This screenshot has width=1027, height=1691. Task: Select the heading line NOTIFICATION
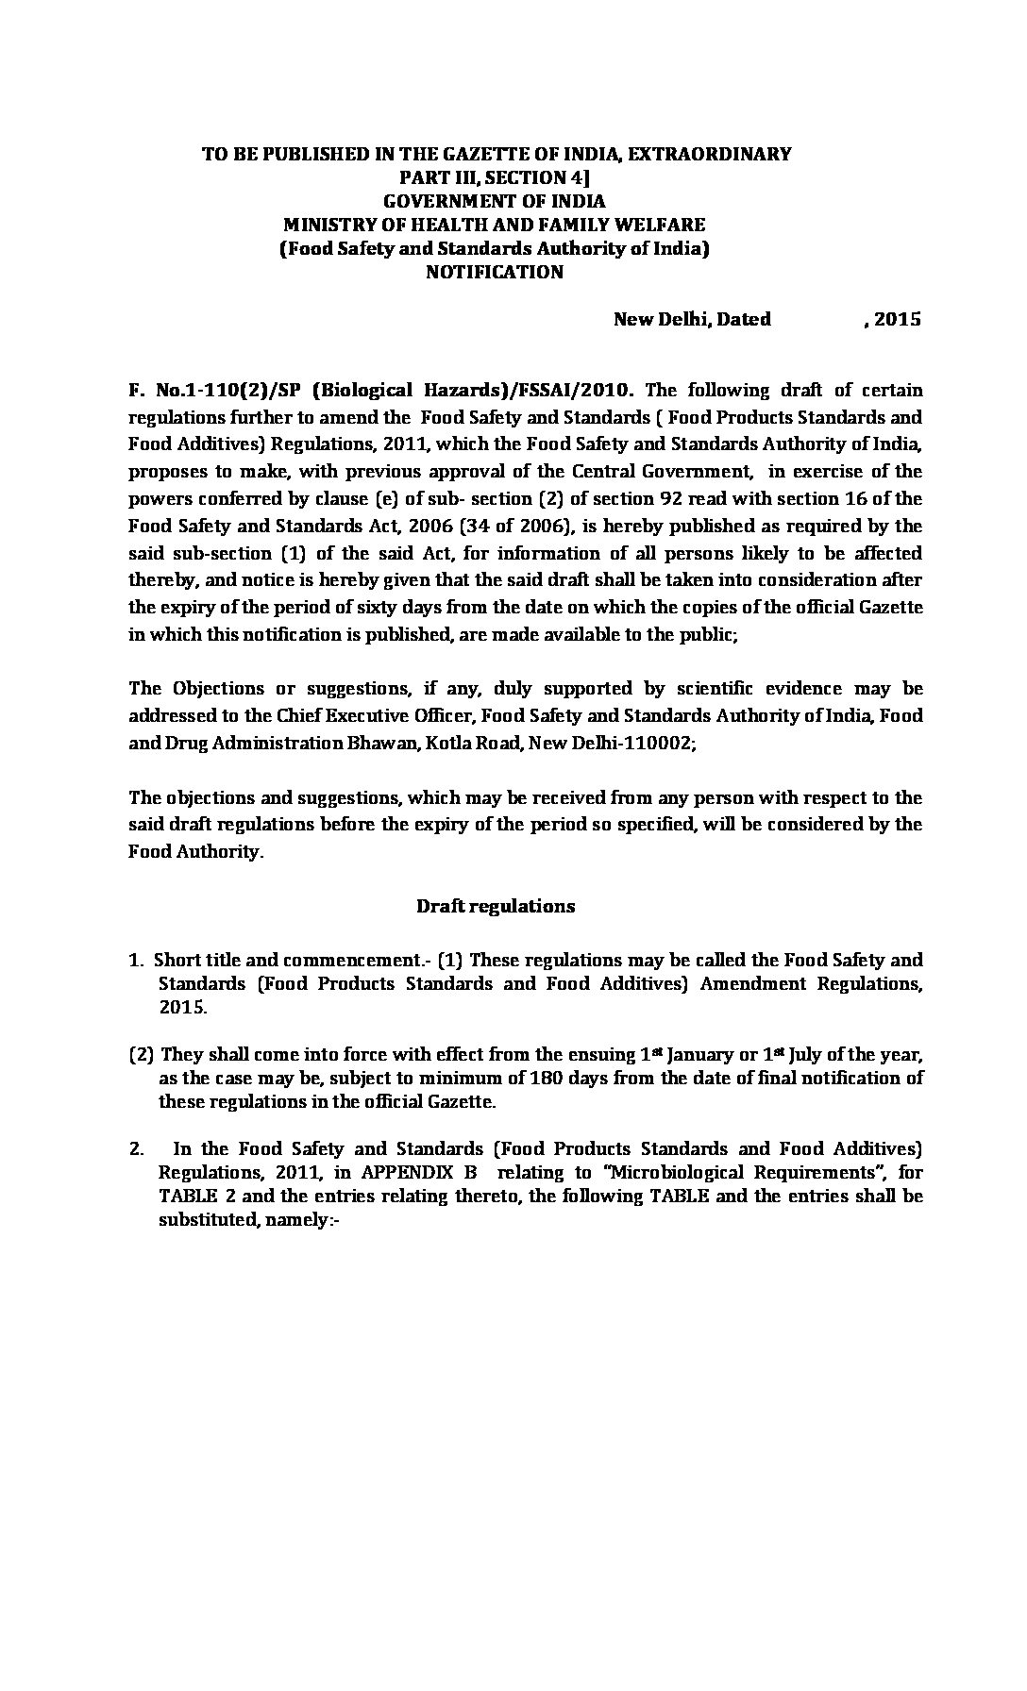494,273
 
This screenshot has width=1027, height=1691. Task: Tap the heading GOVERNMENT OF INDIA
494,201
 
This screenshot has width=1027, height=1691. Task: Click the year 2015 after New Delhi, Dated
898,319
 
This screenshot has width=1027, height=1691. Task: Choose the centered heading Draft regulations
496,906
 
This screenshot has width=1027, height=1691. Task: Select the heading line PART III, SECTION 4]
494,177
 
